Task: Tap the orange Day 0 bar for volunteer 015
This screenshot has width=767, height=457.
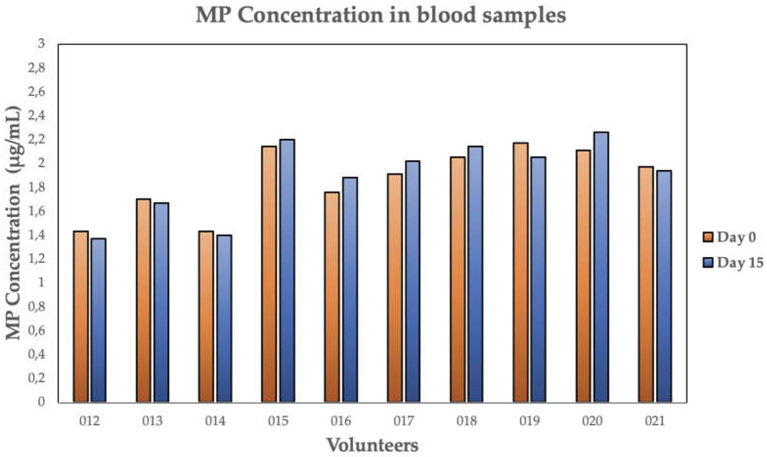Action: click(269, 274)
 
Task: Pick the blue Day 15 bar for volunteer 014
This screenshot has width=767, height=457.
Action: click(224, 319)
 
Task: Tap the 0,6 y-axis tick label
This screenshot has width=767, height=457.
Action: click(36, 330)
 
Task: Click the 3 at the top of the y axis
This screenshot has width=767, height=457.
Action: click(41, 43)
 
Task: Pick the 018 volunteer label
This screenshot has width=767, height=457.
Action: click(467, 420)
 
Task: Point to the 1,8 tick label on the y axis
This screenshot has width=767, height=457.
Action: click(36, 187)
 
